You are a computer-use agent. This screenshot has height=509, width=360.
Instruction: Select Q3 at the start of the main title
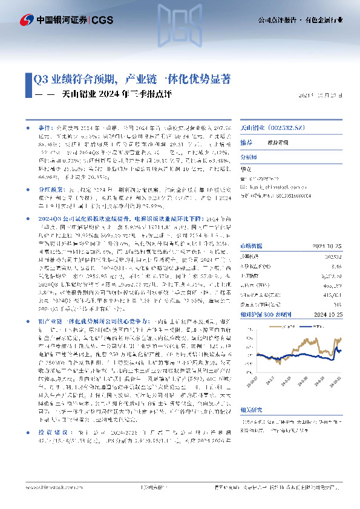tap(40, 79)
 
